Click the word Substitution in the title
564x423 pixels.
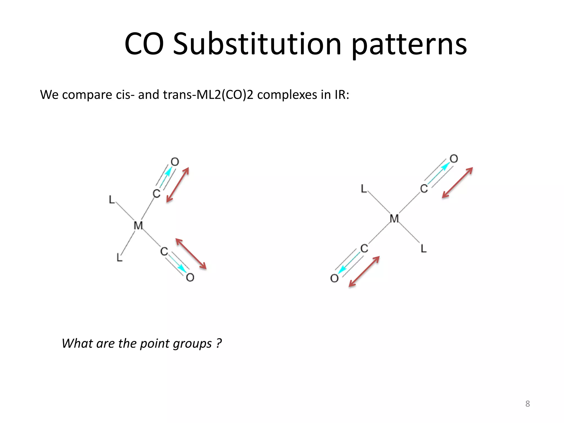257,44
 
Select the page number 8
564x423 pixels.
527,404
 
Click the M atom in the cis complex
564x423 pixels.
138,226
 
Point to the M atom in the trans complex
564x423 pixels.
394,219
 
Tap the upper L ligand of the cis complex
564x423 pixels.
112,200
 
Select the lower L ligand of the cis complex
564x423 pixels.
119,257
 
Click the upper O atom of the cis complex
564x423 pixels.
175,162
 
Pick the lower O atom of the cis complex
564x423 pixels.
190,277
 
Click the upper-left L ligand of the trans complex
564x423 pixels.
364,189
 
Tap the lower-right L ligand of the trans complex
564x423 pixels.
424,249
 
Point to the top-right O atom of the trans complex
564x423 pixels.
454,159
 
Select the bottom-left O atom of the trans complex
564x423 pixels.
334,278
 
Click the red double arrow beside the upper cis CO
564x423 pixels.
178,185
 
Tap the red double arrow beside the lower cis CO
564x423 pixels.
191,254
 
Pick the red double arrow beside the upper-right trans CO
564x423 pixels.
457,183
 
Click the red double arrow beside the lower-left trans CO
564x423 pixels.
364,272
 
